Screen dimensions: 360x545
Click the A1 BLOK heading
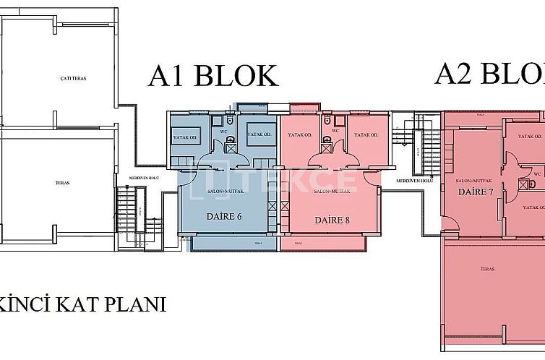tap(213, 76)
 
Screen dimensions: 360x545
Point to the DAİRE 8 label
tap(332, 219)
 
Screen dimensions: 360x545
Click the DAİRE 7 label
tap(476, 192)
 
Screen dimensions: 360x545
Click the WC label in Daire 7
tap(538, 173)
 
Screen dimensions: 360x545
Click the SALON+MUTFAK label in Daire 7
tap(474, 180)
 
